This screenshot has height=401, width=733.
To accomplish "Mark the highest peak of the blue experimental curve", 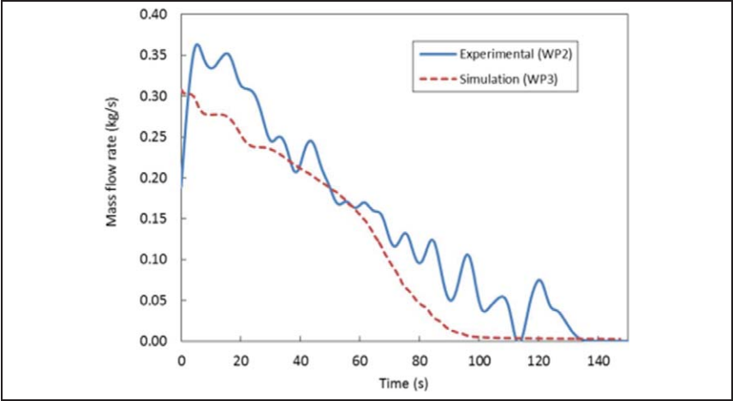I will tap(197, 45).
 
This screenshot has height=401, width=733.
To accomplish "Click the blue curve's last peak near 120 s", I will tap(539, 280).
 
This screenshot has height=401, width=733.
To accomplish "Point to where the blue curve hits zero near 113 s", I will tap(516, 340).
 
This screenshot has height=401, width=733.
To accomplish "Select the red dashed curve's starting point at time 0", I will tap(182, 91).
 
